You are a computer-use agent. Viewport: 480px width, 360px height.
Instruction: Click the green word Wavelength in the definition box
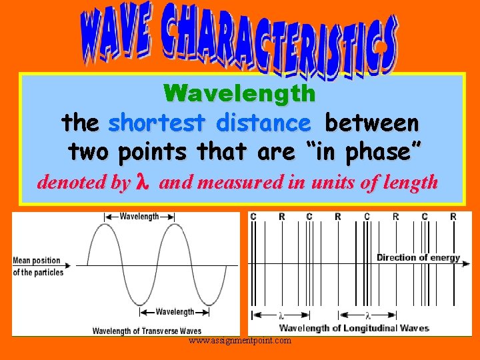239,93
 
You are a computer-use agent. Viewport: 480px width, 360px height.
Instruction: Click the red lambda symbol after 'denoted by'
141,182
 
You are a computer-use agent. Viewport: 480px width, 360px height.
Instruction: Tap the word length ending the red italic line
410,182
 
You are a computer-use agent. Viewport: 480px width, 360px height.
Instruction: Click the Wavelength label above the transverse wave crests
139,216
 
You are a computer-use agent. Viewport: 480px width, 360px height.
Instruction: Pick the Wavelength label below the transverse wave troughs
175,311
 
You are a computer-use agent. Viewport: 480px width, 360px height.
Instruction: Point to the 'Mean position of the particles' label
38,266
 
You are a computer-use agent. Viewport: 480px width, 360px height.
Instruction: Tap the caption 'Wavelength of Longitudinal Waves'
353,327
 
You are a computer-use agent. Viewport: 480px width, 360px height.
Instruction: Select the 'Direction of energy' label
418,257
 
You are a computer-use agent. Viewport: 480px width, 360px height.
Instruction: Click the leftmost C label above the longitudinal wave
253,217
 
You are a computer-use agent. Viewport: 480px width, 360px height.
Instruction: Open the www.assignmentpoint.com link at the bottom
239,341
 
